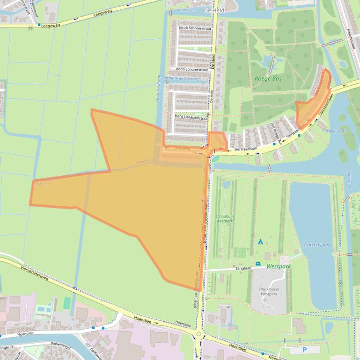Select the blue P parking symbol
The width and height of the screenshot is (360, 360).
[304, 350]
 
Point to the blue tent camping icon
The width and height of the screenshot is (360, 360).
[260, 242]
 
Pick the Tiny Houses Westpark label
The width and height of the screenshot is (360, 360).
[269, 291]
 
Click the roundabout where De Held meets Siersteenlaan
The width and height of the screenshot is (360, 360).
[208, 151]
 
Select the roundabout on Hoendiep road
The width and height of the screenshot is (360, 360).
[200, 334]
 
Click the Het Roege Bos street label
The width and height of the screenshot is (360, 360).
[277, 134]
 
